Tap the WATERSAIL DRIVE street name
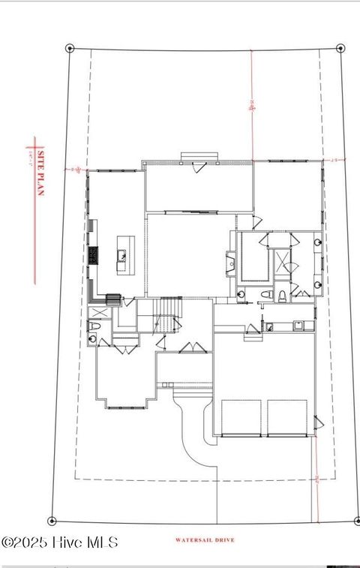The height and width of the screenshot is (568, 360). (x=205, y=540)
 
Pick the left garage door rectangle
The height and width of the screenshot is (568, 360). (x=241, y=417)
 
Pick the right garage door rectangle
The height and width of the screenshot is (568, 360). (x=287, y=417)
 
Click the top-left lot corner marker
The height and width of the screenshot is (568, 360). (x=70, y=48)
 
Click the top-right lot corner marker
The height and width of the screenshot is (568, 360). (x=340, y=48)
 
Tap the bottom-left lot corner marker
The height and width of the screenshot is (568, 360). (x=52, y=520)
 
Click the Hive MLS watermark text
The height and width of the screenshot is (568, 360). (x=60, y=542)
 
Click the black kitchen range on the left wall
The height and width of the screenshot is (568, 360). (x=94, y=255)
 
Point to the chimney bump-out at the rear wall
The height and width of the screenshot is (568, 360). (x=199, y=157)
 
